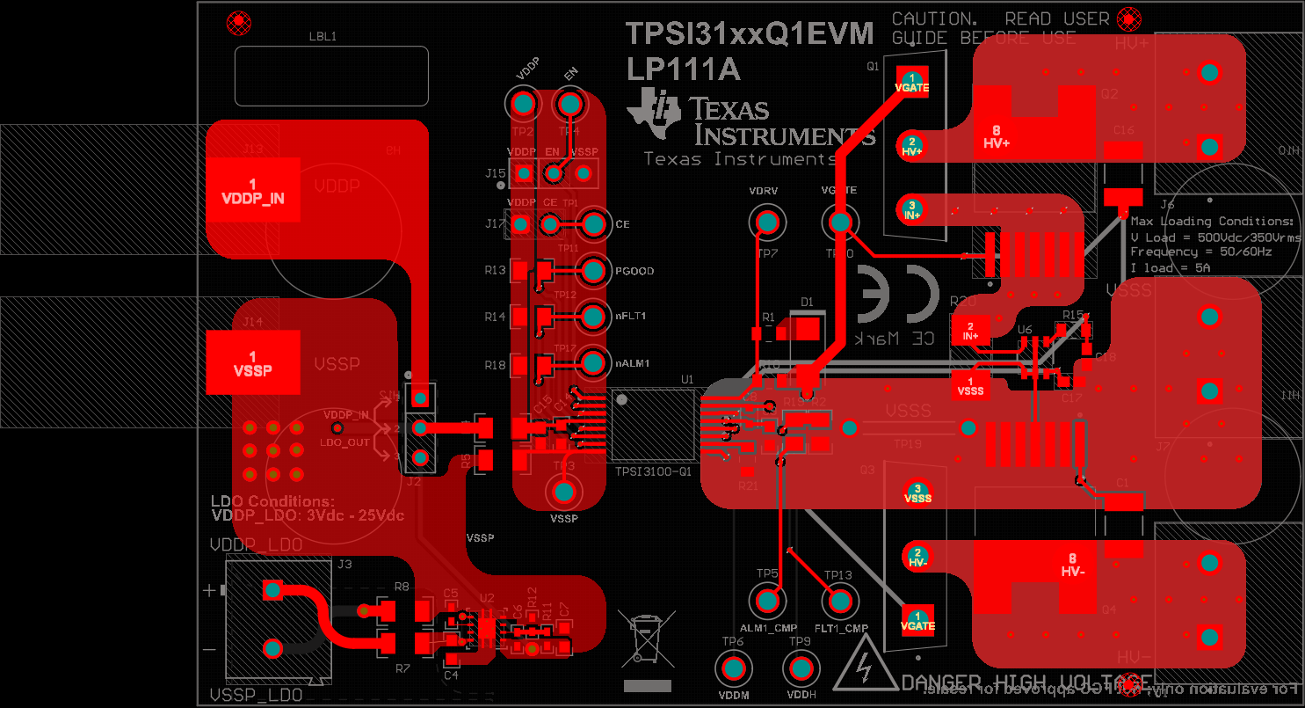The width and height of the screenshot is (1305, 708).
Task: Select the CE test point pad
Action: click(x=594, y=223)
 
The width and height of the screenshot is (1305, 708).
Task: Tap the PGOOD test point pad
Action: click(x=594, y=270)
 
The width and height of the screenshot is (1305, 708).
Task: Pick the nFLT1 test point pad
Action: click(x=594, y=315)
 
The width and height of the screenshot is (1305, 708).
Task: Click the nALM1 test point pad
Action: click(x=594, y=361)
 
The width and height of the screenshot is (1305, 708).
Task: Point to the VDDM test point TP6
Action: click(x=733, y=670)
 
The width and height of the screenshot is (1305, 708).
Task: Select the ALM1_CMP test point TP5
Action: click(x=768, y=602)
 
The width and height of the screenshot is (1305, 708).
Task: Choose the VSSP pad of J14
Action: click(x=253, y=362)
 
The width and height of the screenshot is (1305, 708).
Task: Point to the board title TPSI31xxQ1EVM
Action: click(x=750, y=34)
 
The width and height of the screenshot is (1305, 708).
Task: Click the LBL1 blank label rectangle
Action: click(x=331, y=76)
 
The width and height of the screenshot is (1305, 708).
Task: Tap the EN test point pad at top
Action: click(x=569, y=105)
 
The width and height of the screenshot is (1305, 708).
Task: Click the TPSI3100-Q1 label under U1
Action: click(x=653, y=471)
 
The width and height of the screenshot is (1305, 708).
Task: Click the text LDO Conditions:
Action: click(x=272, y=501)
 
